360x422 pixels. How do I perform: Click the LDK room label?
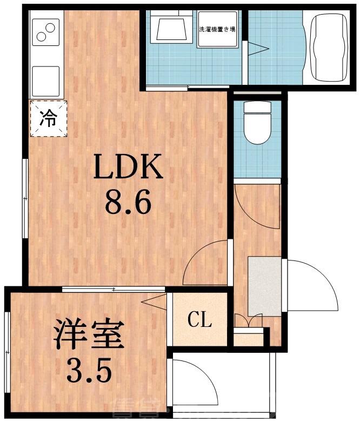pos(128,168)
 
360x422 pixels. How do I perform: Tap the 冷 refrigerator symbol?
pos(48,118)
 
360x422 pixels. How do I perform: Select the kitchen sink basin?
pos(46,81)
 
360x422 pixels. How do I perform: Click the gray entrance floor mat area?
pos(264,286)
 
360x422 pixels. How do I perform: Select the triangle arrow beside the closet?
pos(155,302)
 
